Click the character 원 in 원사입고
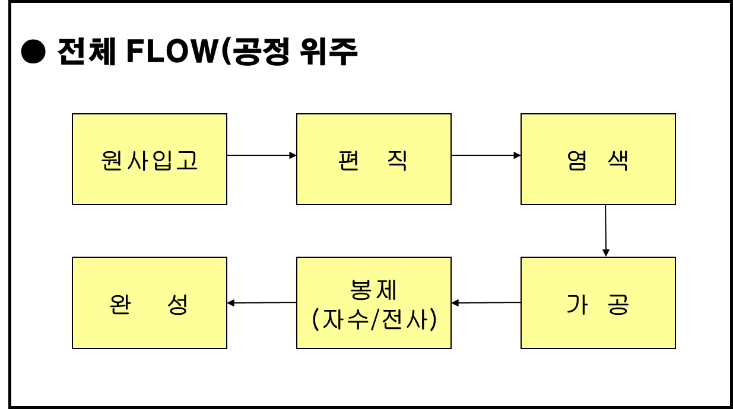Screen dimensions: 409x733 113,160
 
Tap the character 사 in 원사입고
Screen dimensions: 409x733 138,160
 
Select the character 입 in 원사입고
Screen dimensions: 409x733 163,160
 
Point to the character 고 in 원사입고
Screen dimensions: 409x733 187,160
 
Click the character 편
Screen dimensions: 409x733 349,160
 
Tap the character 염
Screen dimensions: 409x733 577,160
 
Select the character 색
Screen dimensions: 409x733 618,160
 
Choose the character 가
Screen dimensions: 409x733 577,304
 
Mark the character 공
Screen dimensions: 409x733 618,304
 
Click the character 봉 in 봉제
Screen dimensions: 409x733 361,290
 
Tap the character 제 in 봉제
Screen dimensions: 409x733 386,290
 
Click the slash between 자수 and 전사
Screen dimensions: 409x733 374,319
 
